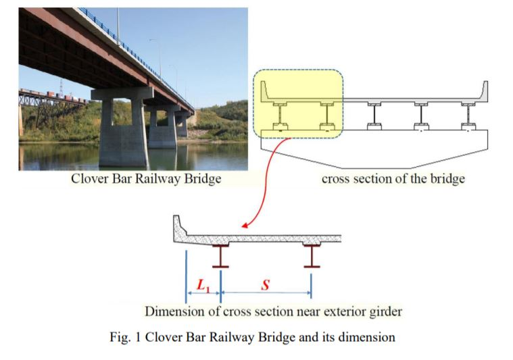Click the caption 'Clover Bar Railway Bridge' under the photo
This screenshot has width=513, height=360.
click(146, 180)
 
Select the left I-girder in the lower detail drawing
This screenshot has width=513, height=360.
click(220, 255)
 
